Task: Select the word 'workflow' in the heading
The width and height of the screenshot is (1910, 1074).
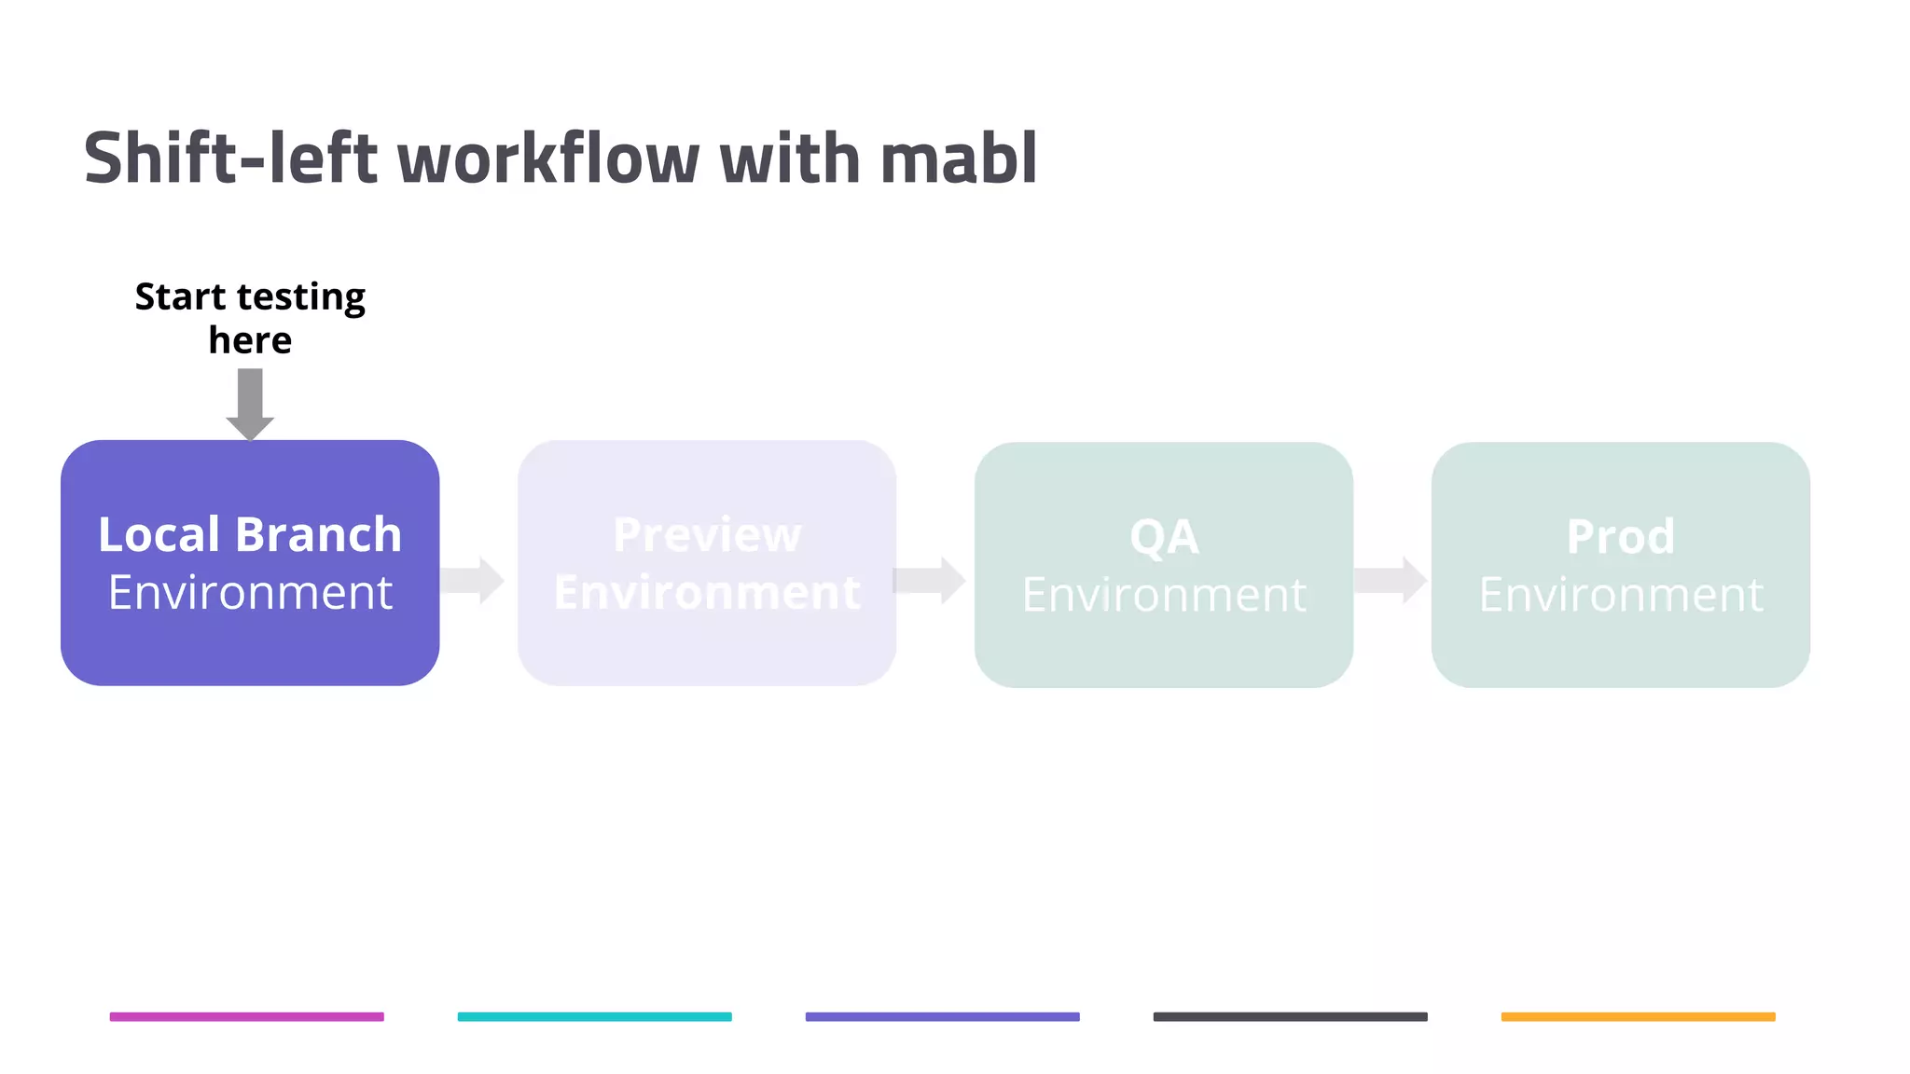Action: (548, 158)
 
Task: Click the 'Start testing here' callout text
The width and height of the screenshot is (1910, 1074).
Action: (250, 318)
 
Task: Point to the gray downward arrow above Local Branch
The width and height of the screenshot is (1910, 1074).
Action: (250, 403)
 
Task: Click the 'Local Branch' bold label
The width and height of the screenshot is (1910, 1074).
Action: (250, 534)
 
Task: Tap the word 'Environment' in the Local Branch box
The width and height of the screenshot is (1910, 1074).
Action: (250, 593)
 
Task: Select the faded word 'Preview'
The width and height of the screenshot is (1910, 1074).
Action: (707, 535)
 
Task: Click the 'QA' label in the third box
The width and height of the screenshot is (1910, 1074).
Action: (1164, 537)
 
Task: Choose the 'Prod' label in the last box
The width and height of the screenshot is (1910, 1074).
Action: (1621, 537)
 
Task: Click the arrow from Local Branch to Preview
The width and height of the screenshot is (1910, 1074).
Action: (473, 580)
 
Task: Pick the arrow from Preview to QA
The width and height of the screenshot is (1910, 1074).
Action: (930, 580)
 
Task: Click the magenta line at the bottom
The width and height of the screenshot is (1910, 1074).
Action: (246, 1016)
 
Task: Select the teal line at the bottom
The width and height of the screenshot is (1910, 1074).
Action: (594, 1016)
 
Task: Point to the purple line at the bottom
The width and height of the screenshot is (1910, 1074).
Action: (942, 1016)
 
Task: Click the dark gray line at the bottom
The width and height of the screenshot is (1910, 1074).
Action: (1290, 1016)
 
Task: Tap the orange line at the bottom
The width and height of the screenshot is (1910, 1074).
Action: (1638, 1016)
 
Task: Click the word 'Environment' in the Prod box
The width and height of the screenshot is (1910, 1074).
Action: (1621, 595)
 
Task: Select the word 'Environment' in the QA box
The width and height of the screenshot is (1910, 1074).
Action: (1164, 595)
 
